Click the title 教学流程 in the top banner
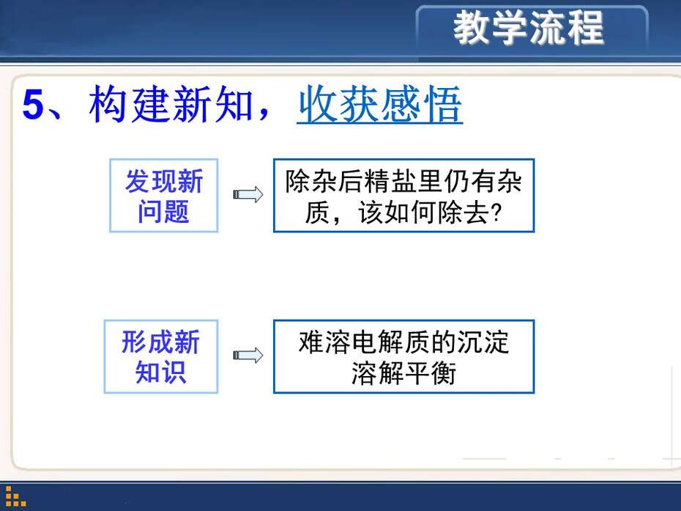[528, 28]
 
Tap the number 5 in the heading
[34, 105]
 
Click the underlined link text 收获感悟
[379, 105]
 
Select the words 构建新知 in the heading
[171, 104]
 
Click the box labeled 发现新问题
[164, 196]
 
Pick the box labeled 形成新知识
[161, 356]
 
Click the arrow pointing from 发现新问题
[248, 194]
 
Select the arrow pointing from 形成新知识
[248, 356]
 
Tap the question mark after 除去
[496, 213]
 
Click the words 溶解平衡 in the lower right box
[404, 373]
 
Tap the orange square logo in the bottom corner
[15, 496]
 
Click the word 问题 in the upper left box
[163, 212]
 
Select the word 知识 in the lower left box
[160, 372]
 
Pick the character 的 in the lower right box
[443, 342]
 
